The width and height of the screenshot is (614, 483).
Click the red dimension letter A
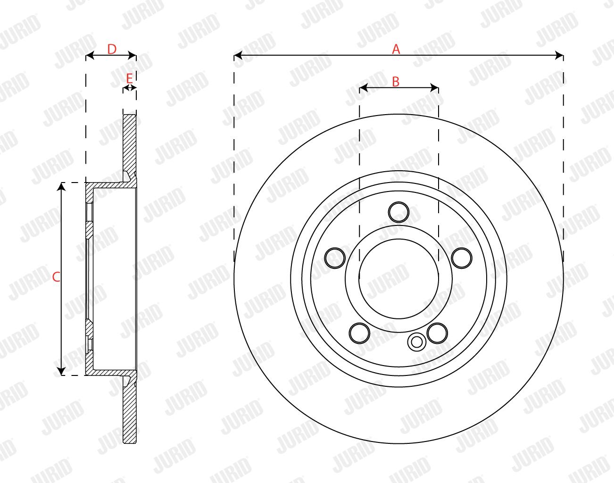pos(396,49)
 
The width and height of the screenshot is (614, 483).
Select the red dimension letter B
pos(396,82)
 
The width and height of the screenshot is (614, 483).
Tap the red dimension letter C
pos(56,277)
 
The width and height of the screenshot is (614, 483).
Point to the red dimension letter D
pos(112,50)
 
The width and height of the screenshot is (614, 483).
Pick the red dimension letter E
pos(129,78)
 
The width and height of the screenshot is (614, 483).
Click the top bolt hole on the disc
pos(398,212)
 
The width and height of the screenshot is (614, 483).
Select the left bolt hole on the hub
pos(335,258)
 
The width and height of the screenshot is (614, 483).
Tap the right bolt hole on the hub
pos(462,258)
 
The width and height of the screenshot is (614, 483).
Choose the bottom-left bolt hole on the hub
pos(359,333)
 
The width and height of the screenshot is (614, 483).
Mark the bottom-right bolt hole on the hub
pos(437,333)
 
